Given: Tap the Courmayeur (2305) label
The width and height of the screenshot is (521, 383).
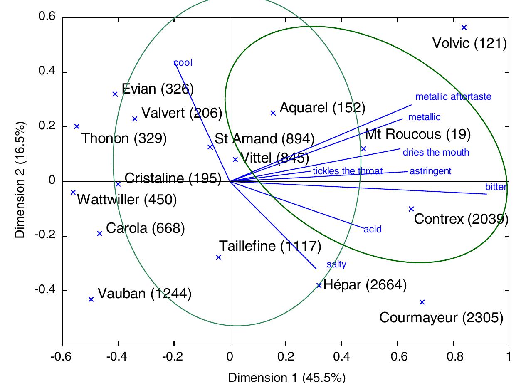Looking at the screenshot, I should pos(441,318).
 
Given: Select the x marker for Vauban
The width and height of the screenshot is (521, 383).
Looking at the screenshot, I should pos(91,299).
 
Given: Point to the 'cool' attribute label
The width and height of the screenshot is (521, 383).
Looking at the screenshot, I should pos(183,63).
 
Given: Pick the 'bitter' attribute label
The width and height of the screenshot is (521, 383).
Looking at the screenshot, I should pos(496,187).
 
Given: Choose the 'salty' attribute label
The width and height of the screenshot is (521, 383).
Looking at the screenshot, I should pos(336,264).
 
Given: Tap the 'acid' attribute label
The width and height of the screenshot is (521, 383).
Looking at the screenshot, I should pos(373,229).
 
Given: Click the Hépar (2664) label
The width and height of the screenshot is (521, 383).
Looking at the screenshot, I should pos(365,285).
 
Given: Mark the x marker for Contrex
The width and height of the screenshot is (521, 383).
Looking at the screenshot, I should pos(411,209).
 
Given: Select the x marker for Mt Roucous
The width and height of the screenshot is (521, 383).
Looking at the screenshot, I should pos(364,149).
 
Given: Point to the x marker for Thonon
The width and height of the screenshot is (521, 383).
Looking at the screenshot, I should pos(77,126).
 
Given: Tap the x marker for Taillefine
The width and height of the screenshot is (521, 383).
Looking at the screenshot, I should pos(219,257).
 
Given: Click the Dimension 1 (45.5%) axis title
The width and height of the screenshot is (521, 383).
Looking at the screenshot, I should pos(287,378).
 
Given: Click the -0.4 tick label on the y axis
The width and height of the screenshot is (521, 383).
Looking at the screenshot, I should pos(47,291).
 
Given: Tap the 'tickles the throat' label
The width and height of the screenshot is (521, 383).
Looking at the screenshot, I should pos(347,171).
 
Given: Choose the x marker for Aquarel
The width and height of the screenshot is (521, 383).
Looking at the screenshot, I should pos(273,113).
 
